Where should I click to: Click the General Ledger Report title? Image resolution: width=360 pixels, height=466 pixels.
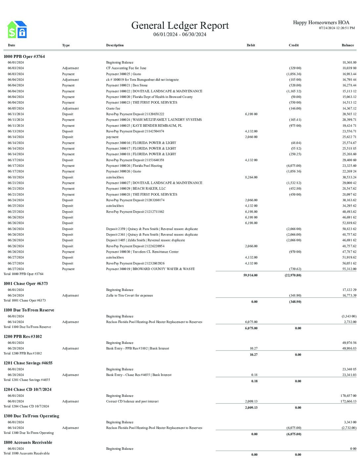pos(180,25)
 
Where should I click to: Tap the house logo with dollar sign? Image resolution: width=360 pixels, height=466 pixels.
pos(17,29)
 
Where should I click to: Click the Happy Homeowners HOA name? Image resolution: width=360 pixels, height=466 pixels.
pos(321,23)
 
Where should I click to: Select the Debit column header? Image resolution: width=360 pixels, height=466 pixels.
pos(250,45)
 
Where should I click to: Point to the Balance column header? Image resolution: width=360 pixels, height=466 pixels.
pos(347,45)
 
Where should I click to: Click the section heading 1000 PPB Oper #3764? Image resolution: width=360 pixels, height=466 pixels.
pos(24,57)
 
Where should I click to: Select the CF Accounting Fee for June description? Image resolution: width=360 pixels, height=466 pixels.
pos(126,68)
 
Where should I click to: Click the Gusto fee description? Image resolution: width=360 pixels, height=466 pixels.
pos(113,109)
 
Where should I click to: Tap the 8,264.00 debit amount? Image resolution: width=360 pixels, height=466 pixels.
pos(251,177)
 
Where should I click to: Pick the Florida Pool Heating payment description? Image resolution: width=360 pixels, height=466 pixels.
pos(134,166)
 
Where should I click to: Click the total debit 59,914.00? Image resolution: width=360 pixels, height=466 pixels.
pos(250,275)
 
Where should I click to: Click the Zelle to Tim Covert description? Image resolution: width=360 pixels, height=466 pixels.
pos(129,296)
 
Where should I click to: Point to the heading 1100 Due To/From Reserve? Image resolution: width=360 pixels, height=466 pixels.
pos(29,310)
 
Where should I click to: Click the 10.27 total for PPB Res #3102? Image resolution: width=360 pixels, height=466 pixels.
pos(253,355)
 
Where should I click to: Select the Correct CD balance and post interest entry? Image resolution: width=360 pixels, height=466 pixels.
pos(132,401)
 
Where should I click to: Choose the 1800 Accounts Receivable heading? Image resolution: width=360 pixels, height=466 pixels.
pos(28,443)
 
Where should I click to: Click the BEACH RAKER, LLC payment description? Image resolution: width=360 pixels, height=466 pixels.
pos(136,189)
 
